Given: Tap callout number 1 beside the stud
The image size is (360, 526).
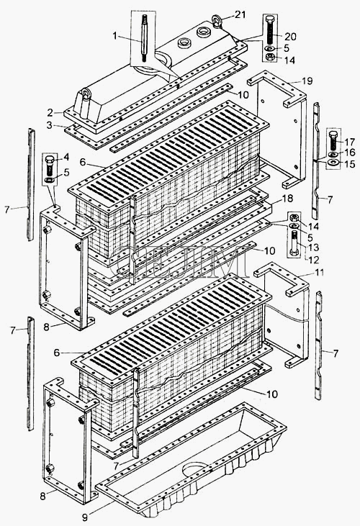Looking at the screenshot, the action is point(115,36).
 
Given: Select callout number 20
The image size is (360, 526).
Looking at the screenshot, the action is point(291,36).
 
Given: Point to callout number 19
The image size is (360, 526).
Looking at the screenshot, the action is point(307,81).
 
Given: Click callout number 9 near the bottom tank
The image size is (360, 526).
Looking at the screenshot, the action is point(85,517).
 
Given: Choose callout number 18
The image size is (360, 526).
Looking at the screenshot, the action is point(288,198).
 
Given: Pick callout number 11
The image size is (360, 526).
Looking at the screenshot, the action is point(320,273).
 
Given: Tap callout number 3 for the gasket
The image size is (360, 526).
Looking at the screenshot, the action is point(50,125).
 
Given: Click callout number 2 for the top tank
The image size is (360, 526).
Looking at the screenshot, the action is point(50,112).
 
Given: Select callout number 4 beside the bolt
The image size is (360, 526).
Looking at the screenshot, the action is point(66,157).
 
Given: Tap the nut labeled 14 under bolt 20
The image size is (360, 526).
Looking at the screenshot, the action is point(270,57).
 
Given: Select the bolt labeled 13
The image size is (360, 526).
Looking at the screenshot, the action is point(294,243).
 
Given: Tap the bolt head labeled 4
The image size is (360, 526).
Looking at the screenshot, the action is point(49,158).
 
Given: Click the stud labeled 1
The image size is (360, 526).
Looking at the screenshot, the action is point(144,38).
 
